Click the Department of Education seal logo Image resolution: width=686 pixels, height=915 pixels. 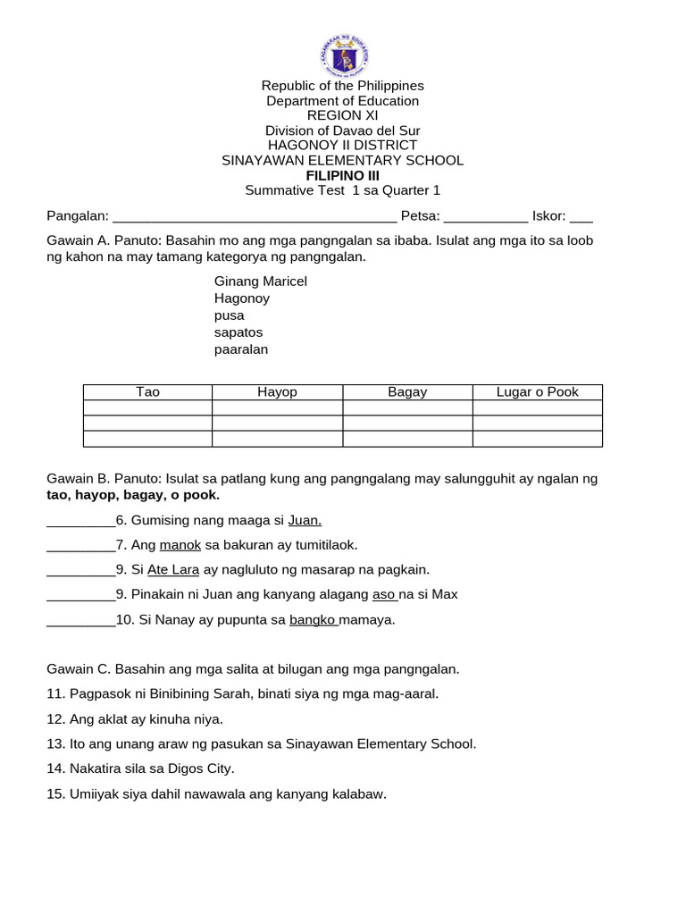(342, 54)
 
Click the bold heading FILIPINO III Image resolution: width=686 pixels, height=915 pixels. (342, 175)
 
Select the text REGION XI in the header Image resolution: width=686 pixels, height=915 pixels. (342, 115)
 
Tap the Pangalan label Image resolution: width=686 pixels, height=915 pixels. (78, 215)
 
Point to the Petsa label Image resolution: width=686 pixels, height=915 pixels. (420, 215)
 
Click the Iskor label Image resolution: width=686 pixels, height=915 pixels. (549, 215)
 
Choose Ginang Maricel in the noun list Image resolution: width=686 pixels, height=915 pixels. (260, 281)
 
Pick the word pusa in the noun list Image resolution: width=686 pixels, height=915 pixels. (229, 315)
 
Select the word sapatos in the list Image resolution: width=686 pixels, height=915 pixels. (238, 332)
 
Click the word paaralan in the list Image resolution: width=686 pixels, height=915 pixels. (241, 349)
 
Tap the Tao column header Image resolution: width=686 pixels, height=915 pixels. (147, 392)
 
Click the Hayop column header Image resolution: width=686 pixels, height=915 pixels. (277, 392)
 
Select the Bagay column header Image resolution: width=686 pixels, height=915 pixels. (407, 392)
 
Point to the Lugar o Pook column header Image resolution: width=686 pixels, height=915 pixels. (538, 392)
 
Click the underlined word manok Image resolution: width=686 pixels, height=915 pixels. (180, 544)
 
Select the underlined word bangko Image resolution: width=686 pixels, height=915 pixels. (313, 619)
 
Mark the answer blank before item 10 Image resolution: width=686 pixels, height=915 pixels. (80, 620)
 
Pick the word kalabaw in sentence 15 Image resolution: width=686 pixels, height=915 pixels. (357, 793)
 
